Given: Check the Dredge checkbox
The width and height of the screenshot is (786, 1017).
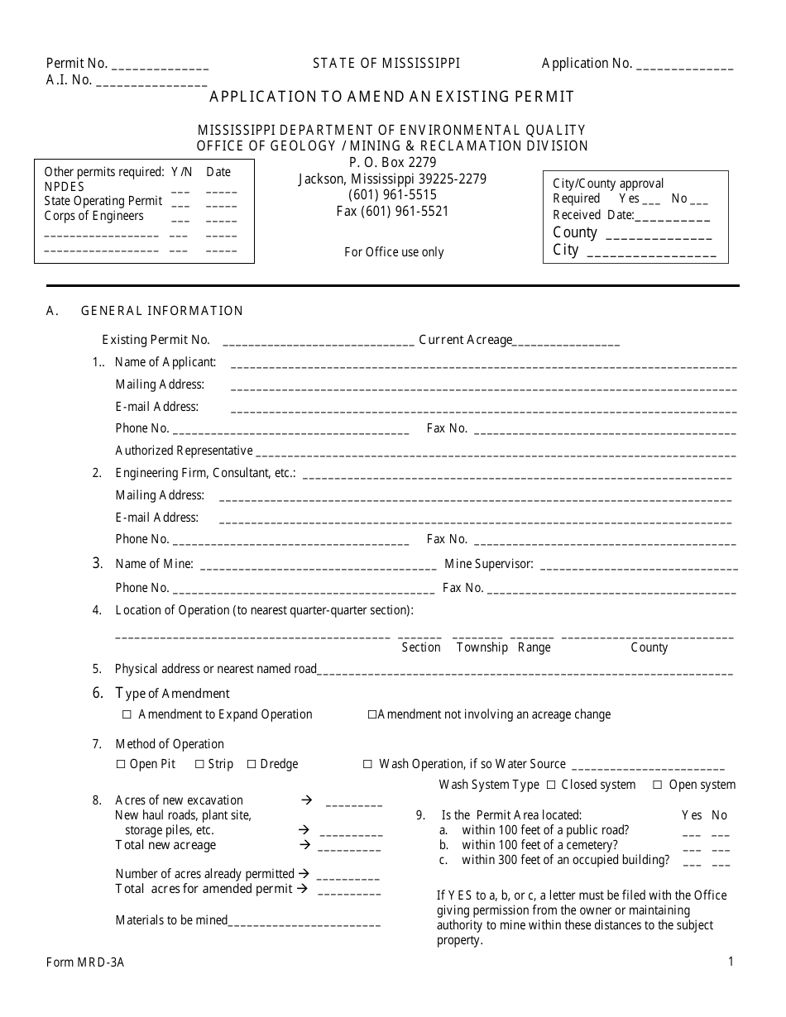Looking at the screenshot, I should pos(252,765).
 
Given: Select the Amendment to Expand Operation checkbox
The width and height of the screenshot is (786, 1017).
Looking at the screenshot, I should pos(127,714).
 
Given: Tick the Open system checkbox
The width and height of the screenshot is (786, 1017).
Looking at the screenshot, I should pos(658,785).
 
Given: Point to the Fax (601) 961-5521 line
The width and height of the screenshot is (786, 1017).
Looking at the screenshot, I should pos(392,211).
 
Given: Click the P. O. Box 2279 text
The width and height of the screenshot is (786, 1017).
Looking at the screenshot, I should pos(392,163).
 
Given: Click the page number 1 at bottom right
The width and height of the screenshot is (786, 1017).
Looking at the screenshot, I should pos(731,961).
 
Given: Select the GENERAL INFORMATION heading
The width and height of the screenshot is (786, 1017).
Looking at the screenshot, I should pos(161,311).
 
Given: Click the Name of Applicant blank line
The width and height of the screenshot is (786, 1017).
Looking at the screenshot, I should pos(483,365).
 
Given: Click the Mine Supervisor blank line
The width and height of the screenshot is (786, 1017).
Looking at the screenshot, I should pos(638,567).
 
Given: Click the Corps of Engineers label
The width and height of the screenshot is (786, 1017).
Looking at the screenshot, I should pos(93,216).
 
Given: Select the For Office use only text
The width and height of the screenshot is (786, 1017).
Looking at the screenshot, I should pos(394,252).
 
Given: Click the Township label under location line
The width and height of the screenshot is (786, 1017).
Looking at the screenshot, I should pos(482,647).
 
